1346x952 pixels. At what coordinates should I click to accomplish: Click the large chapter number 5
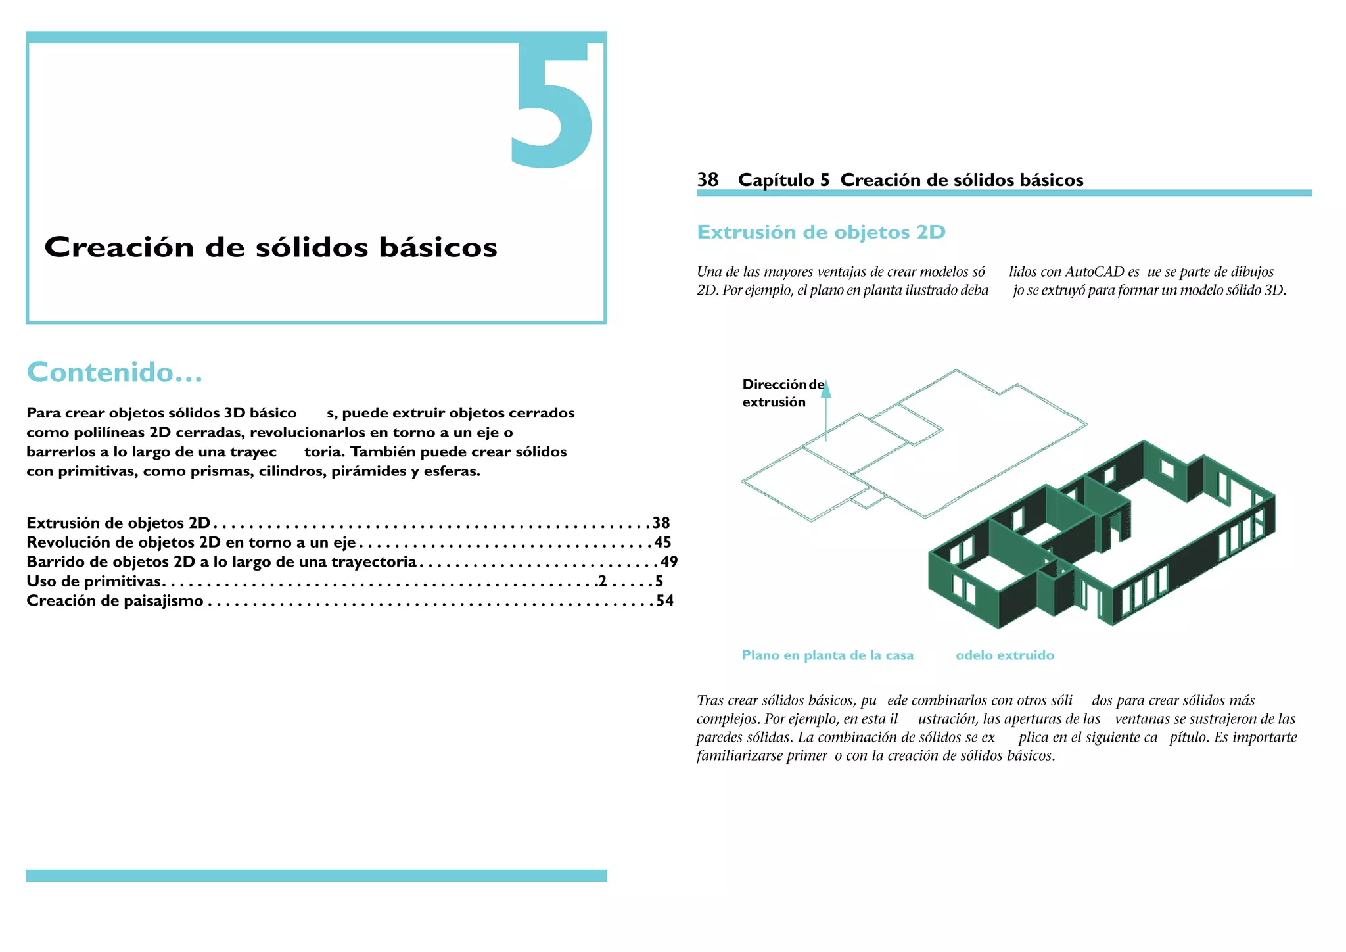[552, 105]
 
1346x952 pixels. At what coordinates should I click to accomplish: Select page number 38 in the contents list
[661, 523]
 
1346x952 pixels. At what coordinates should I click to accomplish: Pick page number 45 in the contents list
[662, 542]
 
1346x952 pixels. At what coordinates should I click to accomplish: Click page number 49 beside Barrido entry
[669, 562]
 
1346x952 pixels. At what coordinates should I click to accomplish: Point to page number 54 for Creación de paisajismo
[665, 601]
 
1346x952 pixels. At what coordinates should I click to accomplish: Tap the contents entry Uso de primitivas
[94, 581]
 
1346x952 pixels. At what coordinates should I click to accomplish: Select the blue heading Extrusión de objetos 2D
[821, 232]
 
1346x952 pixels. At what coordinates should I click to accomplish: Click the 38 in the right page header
[707, 179]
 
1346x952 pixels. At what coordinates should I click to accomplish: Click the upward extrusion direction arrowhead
[826, 389]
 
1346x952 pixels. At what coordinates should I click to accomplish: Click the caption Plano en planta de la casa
[827, 655]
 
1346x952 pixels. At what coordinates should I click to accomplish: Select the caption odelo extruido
[1004, 655]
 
